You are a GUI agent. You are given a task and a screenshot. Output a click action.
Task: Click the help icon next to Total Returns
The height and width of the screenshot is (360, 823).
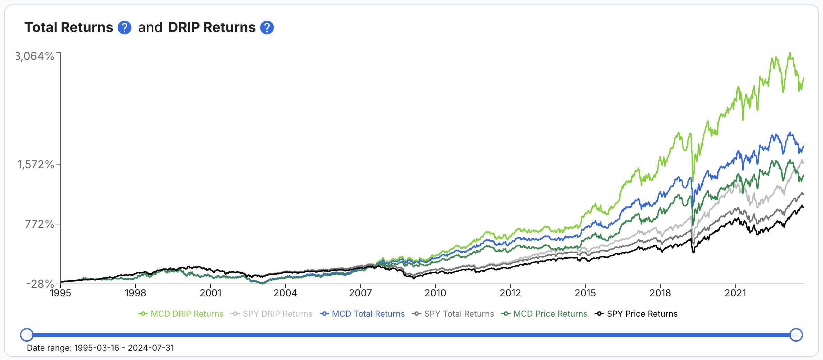pyautogui.click(x=124, y=28)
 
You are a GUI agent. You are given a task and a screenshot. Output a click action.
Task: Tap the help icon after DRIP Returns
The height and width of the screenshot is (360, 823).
pyautogui.click(x=267, y=28)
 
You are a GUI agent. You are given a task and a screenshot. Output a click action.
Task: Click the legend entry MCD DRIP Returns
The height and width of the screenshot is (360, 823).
pyautogui.click(x=181, y=314)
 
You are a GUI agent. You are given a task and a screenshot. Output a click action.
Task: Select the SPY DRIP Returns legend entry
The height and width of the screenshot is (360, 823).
pyautogui.click(x=272, y=314)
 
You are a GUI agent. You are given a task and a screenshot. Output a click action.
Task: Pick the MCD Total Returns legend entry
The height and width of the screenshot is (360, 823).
pyautogui.click(x=362, y=314)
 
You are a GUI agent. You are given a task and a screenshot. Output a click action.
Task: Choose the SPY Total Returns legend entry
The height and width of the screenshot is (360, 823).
pyautogui.click(x=453, y=314)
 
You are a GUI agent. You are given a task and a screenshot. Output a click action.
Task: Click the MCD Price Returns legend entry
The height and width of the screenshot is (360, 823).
pyautogui.click(x=544, y=314)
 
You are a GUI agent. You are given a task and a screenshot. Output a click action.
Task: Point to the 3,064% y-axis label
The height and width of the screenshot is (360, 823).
pyautogui.click(x=35, y=56)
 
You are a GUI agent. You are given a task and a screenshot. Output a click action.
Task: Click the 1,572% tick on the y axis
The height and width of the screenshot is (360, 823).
pyautogui.click(x=36, y=165)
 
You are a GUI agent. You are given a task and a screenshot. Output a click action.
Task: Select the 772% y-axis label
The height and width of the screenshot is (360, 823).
pyautogui.click(x=40, y=224)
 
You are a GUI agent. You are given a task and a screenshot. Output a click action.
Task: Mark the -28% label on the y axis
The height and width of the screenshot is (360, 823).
pyautogui.click(x=40, y=284)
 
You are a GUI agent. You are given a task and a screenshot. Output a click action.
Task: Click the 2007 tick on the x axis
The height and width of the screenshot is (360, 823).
pyautogui.click(x=360, y=293)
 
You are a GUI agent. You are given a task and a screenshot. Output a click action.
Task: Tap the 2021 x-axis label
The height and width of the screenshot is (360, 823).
pyautogui.click(x=735, y=293)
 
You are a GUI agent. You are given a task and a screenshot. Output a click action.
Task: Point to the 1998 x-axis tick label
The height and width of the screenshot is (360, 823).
pyautogui.click(x=135, y=293)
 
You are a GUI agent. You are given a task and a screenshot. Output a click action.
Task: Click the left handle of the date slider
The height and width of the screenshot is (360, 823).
pyautogui.click(x=27, y=335)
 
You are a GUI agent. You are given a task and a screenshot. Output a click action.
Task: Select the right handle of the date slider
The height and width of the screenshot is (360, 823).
pyautogui.click(x=796, y=335)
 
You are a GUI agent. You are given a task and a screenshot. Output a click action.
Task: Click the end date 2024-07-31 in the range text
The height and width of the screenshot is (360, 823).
pyautogui.click(x=151, y=348)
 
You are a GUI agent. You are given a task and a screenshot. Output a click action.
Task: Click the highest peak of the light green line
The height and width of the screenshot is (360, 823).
pyautogui.click(x=790, y=53)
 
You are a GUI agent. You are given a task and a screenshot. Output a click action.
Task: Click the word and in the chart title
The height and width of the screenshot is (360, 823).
pyautogui.click(x=150, y=28)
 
